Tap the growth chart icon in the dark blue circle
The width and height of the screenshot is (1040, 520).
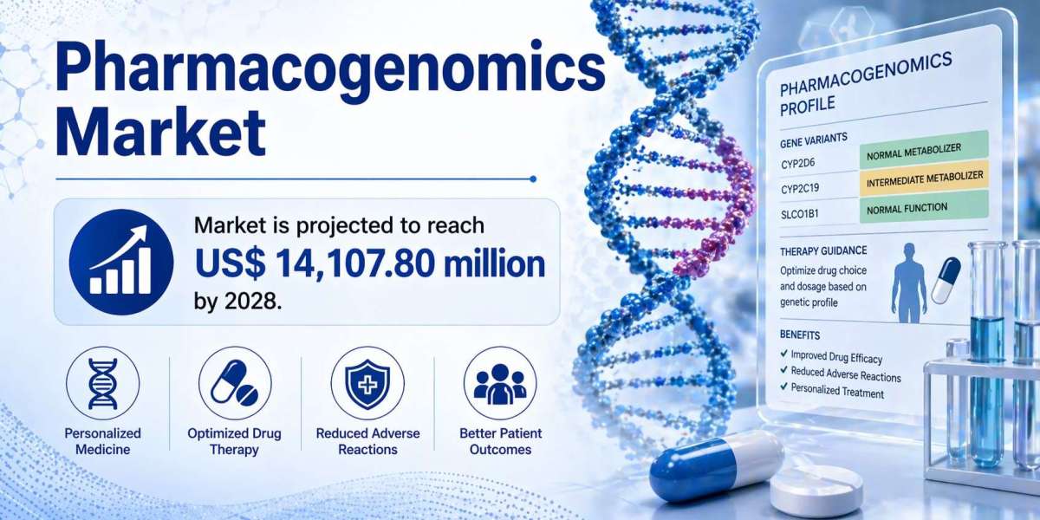(x=121, y=261)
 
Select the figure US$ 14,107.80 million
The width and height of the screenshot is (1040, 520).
(x=370, y=263)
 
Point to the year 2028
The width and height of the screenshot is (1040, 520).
(x=252, y=302)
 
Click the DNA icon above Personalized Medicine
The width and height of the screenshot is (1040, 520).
(x=102, y=383)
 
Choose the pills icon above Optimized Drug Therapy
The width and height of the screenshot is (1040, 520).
(x=235, y=382)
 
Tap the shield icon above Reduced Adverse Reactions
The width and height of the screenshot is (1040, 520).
(x=367, y=383)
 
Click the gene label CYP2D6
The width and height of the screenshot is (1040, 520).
(x=797, y=164)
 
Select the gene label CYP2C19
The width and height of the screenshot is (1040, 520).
(x=799, y=189)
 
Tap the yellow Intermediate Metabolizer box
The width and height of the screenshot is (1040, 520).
(x=924, y=179)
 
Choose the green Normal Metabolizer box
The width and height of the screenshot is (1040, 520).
(x=924, y=149)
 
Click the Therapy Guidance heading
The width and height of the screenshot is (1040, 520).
(x=823, y=251)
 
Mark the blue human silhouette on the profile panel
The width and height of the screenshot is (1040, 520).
(x=909, y=283)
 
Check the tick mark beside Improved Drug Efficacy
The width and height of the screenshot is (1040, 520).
(x=784, y=354)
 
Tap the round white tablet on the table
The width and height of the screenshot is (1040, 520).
(x=816, y=489)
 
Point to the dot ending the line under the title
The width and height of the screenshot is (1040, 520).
(x=533, y=179)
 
